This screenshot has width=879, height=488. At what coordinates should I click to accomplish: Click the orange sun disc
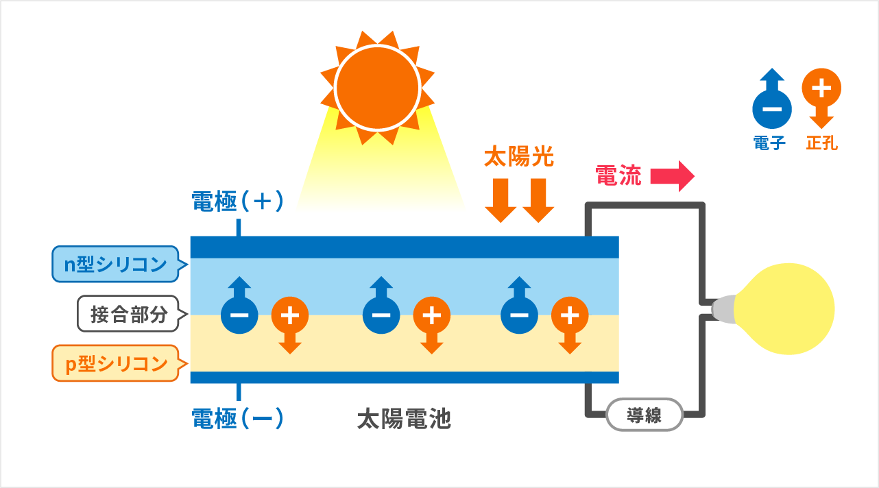[376, 87]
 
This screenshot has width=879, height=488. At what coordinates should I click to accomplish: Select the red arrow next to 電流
[672, 177]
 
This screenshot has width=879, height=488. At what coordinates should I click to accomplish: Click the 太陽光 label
[518, 158]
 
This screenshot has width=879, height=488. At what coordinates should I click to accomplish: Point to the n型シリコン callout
[116, 265]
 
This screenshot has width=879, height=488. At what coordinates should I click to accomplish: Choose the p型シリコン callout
[116, 364]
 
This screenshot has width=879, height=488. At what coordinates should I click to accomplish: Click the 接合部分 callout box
[129, 314]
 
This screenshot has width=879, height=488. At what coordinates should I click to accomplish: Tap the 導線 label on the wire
[644, 415]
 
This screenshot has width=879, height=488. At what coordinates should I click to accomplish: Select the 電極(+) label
[237, 201]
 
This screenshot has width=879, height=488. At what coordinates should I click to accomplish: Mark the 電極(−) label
[237, 417]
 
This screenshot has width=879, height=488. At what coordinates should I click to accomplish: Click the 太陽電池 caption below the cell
[404, 418]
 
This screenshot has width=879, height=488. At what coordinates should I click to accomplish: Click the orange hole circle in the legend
[821, 88]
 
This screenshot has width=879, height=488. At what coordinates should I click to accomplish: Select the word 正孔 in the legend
[821, 143]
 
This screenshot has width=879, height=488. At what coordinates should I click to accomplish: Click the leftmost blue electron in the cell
[239, 315]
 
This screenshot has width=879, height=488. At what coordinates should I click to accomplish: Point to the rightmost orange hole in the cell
[570, 315]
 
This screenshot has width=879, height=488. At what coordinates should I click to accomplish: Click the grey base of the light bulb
[723, 310]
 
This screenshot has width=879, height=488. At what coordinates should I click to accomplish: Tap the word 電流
[618, 176]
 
